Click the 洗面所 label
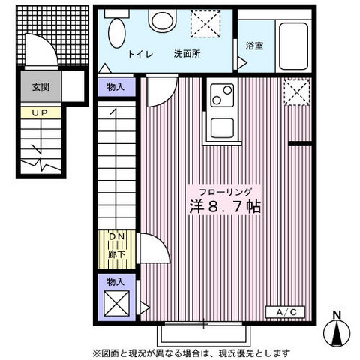pos(185,54)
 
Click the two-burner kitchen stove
pos(223,94)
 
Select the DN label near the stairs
pos(116,238)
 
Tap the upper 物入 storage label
pos(115,88)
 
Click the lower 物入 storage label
pos(115,282)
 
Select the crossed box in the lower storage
pos(116,305)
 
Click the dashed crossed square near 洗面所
pos(203,25)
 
